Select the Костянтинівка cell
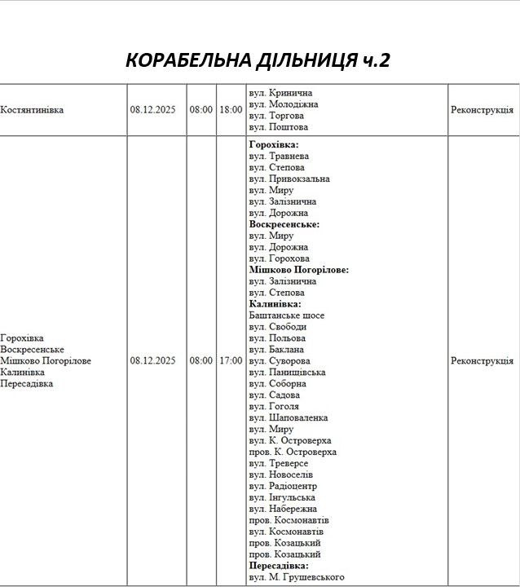click(33, 109)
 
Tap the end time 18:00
click(230, 109)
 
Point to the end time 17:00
click(230, 360)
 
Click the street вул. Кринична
click(280, 93)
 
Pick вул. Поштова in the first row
click(278, 127)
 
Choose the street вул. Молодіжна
click(283, 104)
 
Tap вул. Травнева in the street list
click(279, 156)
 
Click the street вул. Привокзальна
click(289, 179)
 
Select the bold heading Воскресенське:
click(284, 224)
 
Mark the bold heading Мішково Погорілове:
click(298, 270)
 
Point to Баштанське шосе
click(286, 315)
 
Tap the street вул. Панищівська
click(287, 372)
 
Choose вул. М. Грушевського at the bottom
click(296, 577)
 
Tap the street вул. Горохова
click(279, 258)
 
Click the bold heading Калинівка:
click(275, 304)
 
